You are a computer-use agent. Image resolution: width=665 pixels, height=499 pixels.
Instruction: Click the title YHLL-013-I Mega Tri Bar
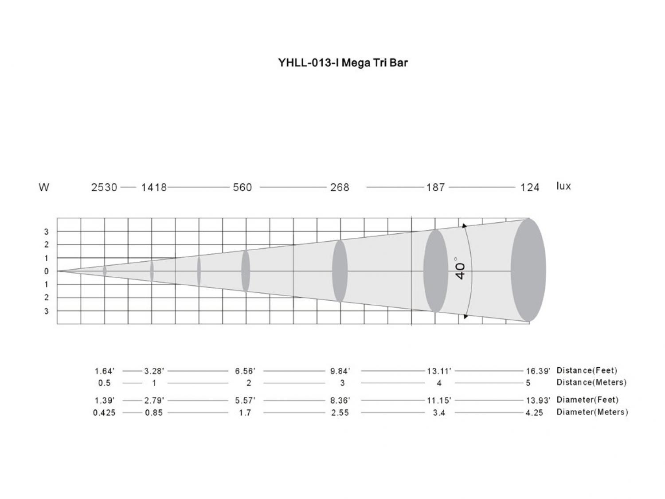[x=343, y=63]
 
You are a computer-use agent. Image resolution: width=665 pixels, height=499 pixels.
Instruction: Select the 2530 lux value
[x=104, y=188]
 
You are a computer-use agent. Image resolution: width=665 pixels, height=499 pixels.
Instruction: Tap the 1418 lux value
[x=154, y=188]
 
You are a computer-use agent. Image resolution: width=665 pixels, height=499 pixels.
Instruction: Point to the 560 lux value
[x=242, y=188]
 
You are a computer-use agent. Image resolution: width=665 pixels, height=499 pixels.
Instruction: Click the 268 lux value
[x=340, y=188]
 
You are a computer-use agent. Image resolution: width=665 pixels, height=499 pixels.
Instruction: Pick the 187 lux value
[x=436, y=188]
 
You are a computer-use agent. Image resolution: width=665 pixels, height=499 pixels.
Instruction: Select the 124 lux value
[x=530, y=188]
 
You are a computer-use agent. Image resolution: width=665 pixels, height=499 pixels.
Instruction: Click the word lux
[x=563, y=186]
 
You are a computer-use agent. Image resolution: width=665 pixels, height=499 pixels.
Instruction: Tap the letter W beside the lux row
[x=44, y=188]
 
